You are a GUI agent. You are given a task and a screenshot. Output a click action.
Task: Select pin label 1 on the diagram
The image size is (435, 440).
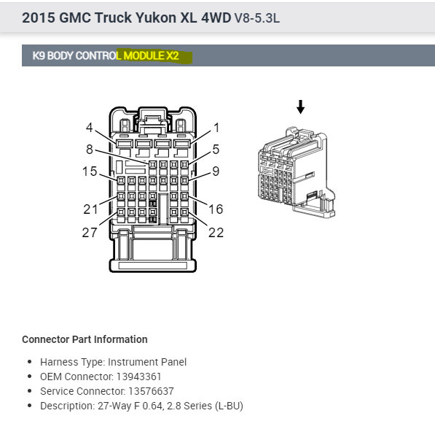pyautogui.click(x=216, y=128)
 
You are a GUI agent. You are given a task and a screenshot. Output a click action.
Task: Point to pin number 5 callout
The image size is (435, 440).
pyautogui.click(x=216, y=150)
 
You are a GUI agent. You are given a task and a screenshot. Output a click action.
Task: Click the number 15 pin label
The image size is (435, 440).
pyautogui.click(x=90, y=171)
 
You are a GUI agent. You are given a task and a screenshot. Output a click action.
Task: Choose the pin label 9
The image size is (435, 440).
pyautogui.click(x=216, y=172)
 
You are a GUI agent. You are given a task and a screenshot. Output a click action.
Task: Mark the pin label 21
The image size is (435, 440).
pyautogui.click(x=90, y=209)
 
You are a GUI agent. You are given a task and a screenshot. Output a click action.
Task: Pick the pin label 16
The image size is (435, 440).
pyautogui.click(x=216, y=209)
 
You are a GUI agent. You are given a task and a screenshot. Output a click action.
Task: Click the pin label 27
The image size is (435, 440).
pyautogui.click(x=90, y=233)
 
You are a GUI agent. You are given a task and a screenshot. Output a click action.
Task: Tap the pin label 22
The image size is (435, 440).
pyautogui.click(x=216, y=233)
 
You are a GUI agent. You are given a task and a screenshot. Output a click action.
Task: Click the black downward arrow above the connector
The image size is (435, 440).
pyautogui.click(x=300, y=108)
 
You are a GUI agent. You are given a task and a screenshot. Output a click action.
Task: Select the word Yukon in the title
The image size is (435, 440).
pyautogui.click(x=152, y=18)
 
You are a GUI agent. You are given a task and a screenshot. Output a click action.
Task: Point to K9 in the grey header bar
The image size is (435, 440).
pyautogui.click(x=39, y=55)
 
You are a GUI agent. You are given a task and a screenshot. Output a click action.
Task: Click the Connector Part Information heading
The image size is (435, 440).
pyautogui.click(x=85, y=339)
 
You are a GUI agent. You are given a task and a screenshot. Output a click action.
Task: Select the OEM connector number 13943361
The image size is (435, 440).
pyautogui.click(x=138, y=377)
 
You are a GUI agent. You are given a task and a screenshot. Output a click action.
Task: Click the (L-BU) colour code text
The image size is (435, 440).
pyautogui.click(x=226, y=406)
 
